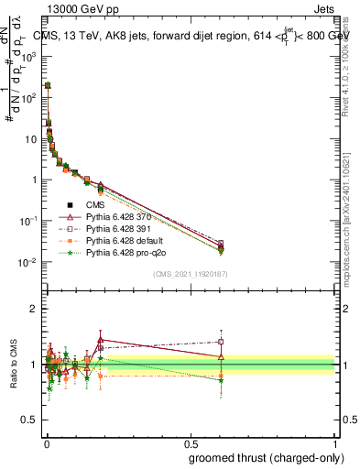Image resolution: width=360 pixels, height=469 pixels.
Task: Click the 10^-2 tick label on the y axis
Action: (x=29, y=263)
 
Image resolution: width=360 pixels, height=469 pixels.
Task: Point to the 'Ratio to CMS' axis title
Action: (x=12, y=365)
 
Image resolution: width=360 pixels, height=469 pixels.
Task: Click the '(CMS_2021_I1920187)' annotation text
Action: (x=189, y=273)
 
